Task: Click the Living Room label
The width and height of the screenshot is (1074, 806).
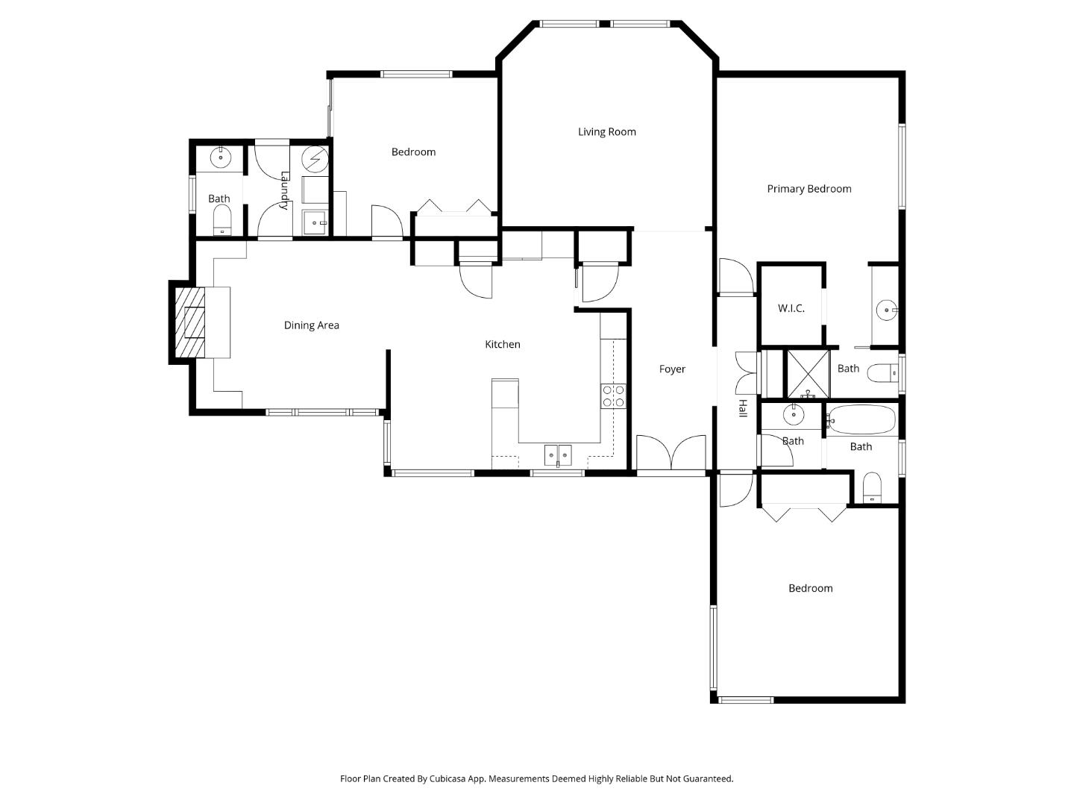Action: click(606, 132)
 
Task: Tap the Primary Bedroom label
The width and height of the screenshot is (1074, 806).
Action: click(808, 189)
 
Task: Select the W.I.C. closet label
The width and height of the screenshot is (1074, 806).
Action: click(791, 308)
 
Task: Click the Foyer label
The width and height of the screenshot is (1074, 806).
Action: click(671, 369)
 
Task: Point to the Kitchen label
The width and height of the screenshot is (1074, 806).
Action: click(502, 344)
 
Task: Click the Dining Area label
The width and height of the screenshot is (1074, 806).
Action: click(311, 325)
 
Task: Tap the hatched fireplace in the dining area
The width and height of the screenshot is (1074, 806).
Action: click(189, 322)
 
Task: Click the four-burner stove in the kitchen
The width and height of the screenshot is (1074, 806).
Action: click(613, 396)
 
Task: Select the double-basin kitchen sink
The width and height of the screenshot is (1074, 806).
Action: click(557, 454)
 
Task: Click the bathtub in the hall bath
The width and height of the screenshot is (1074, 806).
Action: click(861, 420)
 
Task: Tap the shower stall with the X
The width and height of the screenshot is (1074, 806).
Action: click(808, 372)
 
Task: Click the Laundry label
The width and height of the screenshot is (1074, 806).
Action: click(284, 191)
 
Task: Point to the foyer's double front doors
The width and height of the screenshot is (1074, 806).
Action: click(671, 453)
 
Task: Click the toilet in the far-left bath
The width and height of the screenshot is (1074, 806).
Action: click(222, 219)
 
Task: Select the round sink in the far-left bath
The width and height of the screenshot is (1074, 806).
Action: click(221, 157)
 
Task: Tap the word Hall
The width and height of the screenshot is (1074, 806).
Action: click(742, 408)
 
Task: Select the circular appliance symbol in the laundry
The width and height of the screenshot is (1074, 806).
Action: click(315, 157)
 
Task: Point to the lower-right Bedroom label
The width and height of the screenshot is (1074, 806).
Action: click(810, 588)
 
